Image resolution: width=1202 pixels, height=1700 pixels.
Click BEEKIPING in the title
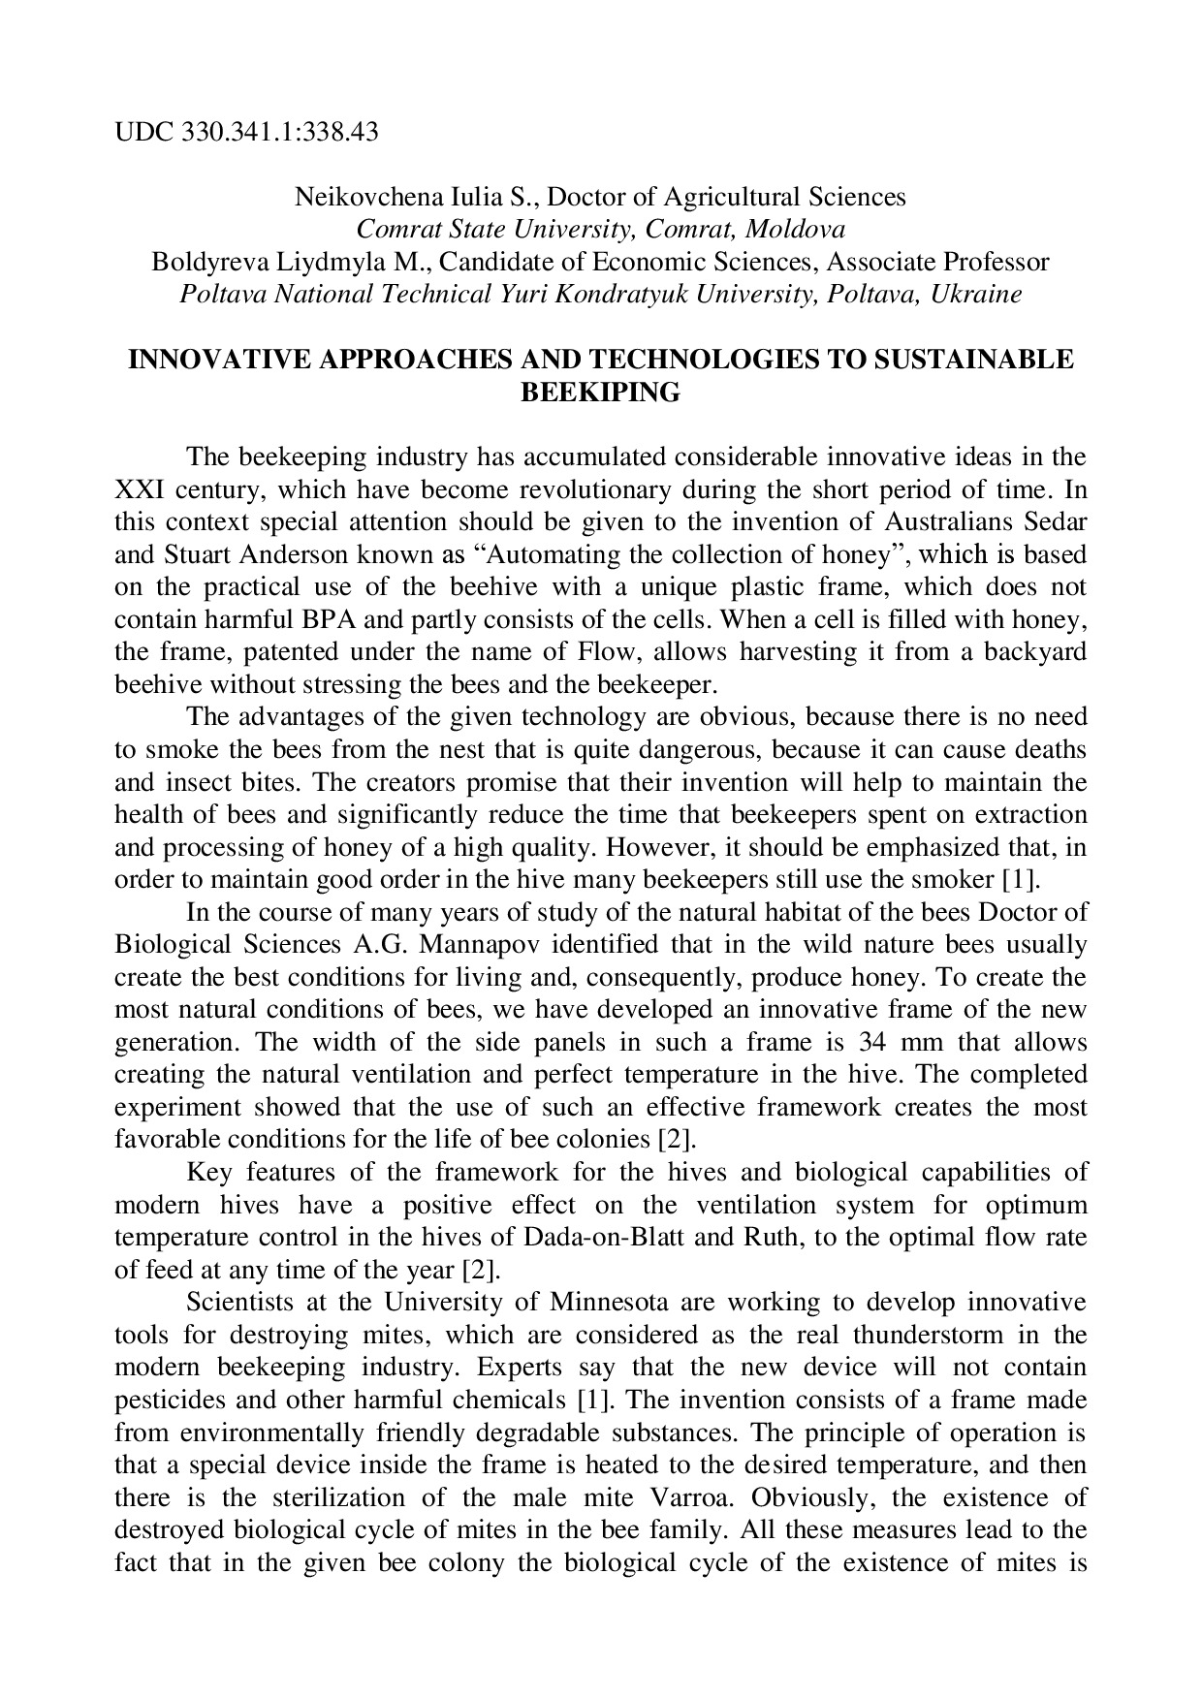pos(601,393)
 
